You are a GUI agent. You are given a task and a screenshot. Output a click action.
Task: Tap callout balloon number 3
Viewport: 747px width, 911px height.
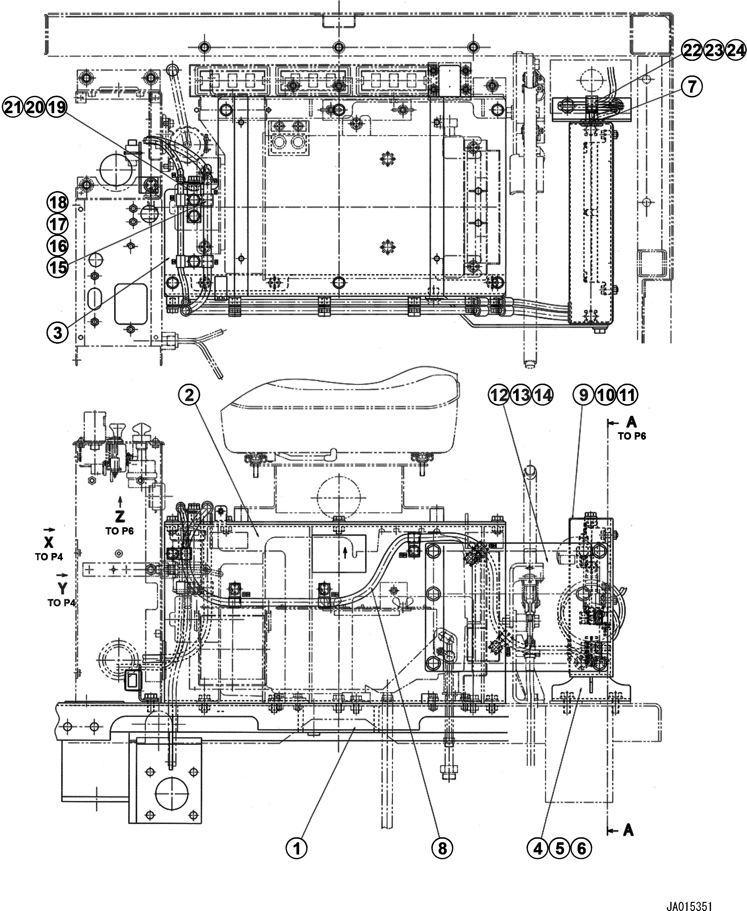(58, 333)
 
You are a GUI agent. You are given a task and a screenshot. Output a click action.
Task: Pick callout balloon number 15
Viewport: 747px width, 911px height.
(58, 267)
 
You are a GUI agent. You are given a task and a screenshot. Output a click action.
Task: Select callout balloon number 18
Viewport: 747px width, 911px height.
(58, 202)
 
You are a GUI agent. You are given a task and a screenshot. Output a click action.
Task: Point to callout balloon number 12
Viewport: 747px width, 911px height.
(499, 395)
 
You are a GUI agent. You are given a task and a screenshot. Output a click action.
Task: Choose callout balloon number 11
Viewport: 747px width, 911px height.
(627, 395)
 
